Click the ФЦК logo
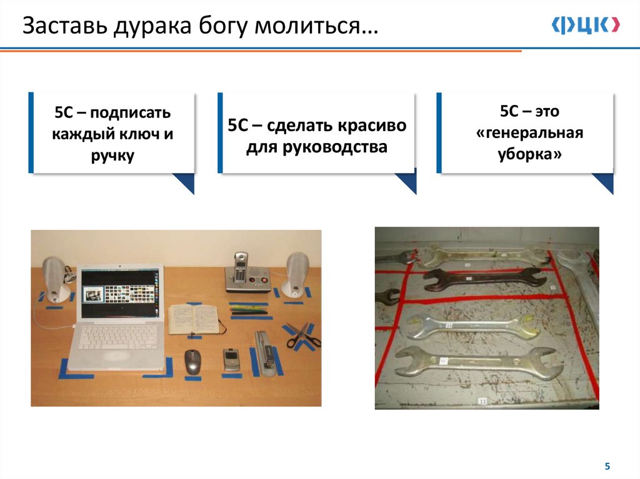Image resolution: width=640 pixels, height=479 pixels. [x=586, y=25]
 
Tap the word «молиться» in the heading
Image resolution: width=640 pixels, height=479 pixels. [x=308, y=26]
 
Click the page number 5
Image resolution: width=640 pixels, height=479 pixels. [x=607, y=466]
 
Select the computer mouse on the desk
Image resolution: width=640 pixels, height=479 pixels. [x=192, y=362]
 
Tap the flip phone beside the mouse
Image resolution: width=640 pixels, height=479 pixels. [x=231, y=360]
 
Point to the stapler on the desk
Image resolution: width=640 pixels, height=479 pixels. [x=266, y=353]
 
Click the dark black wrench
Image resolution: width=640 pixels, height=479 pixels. [x=485, y=279]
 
